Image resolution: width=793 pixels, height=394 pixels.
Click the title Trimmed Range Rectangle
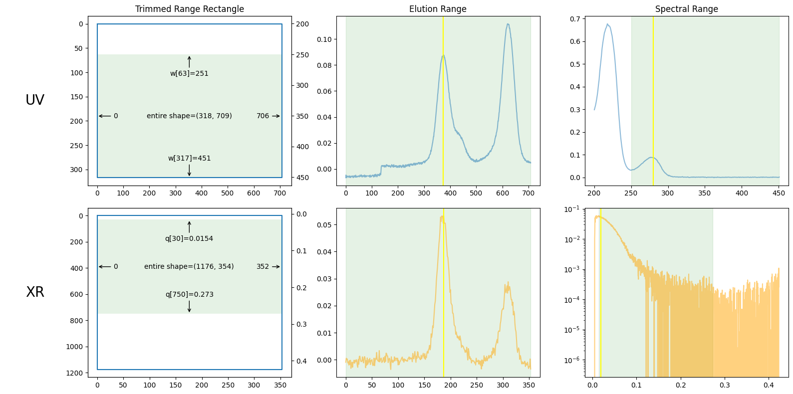(x=190, y=9)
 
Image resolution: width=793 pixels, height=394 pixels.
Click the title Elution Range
(x=438, y=9)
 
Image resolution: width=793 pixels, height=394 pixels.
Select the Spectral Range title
(x=686, y=9)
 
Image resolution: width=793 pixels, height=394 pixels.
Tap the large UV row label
(x=35, y=100)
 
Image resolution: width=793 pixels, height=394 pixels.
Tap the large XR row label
(x=35, y=292)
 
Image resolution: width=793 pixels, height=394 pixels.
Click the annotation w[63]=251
(x=189, y=73)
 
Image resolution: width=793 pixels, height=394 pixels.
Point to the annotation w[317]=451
(x=189, y=158)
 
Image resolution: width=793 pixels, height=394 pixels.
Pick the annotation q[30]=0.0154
(x=189, y=238)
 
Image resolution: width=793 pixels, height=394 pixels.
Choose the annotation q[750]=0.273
(x=189, y=294)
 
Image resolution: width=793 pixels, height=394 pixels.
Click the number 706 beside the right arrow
(x=263, y=116)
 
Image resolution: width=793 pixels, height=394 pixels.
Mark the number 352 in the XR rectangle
(x=263, y=266)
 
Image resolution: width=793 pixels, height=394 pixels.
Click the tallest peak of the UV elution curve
(x=508, y=24)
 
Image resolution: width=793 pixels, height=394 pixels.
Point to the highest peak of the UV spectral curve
(x=607, y=24)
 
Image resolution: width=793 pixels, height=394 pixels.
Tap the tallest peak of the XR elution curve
(x=442, y=216)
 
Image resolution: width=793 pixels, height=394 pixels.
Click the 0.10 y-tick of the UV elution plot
(x=324, y=39)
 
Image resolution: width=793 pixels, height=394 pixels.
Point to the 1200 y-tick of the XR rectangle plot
(x=74, y=373)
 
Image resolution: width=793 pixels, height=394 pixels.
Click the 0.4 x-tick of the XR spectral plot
(x=769, y=385)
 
